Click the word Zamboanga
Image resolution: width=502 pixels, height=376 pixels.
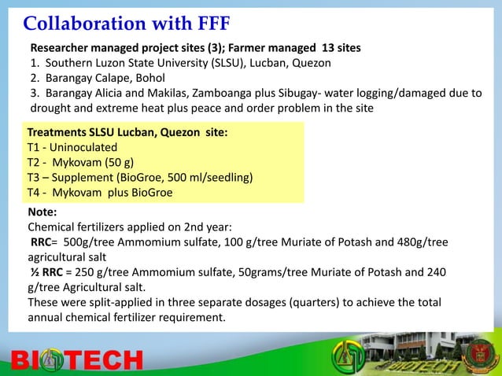tap(228, 93)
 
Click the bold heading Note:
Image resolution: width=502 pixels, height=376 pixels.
tap(42, 212)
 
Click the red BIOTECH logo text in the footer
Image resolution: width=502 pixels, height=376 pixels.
tap(78, 360)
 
